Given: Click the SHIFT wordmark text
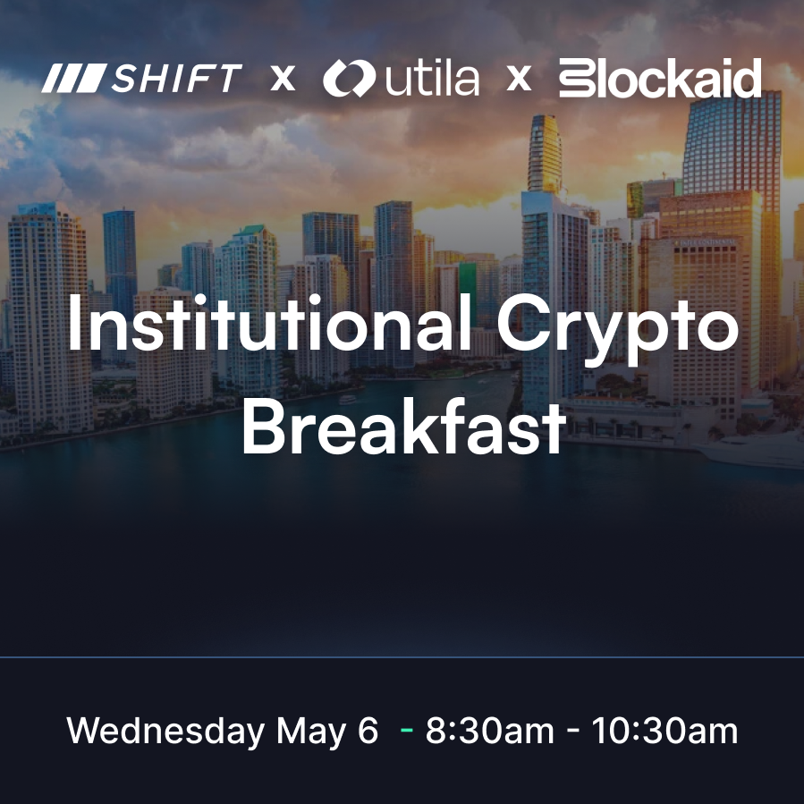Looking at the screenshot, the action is (x=177, y=78).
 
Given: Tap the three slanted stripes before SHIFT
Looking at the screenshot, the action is (x=74, y=78).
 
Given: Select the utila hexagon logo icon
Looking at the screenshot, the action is (x=349, y=78).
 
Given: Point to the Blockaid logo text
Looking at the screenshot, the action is (x=660, y=78).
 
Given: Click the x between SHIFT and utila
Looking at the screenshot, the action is (x=283, y=79).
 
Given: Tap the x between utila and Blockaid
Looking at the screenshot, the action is (x=519, y=79).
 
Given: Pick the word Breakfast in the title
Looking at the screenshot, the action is (x=403, y=426).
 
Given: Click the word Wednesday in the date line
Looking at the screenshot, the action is (x=165, y=731).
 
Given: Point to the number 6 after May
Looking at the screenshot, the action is (x=368, y=730).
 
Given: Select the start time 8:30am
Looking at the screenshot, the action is (x=490, y=730).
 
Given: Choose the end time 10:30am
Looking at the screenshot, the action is (x=665, y=730).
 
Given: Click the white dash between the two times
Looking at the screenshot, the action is (x=573, y=732).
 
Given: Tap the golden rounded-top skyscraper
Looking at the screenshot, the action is (x=545, y=154).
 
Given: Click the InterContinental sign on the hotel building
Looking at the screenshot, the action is (x=705, y=241).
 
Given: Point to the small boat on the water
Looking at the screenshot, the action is (x=347, y=400).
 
